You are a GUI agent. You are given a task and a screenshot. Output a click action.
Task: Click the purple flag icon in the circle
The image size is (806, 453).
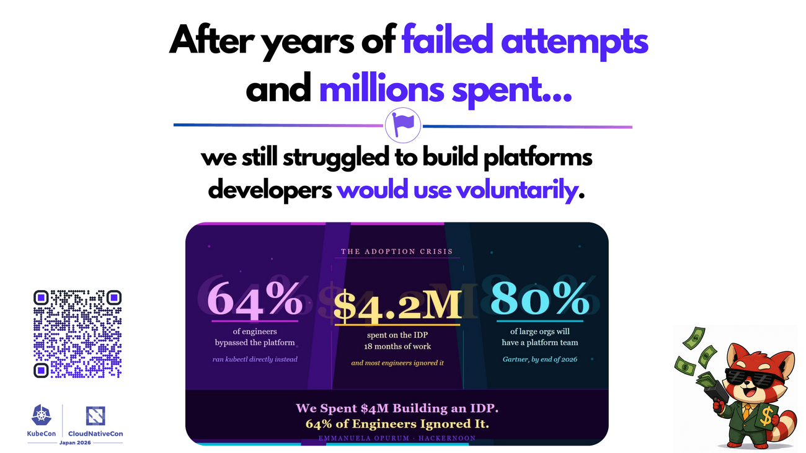[x=402, y=125]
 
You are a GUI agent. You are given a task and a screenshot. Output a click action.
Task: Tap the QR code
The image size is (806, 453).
[x=77, y=334]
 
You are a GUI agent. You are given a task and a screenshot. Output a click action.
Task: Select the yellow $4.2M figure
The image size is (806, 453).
[x=397, y=306]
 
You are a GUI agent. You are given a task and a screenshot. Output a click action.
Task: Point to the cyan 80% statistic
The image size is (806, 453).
[x=539, y=299]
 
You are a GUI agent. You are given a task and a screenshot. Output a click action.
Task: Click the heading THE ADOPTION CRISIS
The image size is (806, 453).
[x=397, y=252]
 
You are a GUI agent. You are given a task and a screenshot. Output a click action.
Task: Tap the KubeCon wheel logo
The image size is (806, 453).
[x=42, y=415]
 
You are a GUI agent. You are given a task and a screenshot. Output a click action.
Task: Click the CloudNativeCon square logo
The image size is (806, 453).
[x=95, y=416]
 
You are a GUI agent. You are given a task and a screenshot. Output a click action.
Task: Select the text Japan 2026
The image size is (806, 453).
[x=75, y=442]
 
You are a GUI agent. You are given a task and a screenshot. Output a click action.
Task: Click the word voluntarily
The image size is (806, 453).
[x=518, y=190]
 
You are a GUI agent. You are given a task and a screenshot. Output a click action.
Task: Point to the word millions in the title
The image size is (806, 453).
[x=381, y=89]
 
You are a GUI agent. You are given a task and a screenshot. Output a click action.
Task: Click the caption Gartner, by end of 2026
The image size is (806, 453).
[x=540, y=359]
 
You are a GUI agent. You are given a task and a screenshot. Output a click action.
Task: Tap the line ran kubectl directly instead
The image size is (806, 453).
[x=255, y=359]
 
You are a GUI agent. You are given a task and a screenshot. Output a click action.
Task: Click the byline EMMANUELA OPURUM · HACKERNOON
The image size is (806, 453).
[x=397, y=438]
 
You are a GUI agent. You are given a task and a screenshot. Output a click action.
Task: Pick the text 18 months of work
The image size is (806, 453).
[x=397, y=346]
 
